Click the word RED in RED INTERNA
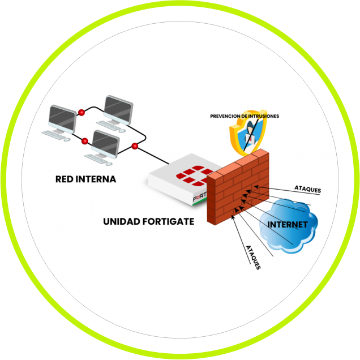pyautogui.click(x=65, y=179)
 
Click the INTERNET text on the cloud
pyautogui.click(x=288, y=225)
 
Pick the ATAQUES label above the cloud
pyautogui.click(x=307, y=188)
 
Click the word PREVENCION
pyautogui.click(x=226, y=115)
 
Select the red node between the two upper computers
pyautogui.click(x=82, y=111)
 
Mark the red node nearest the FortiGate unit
pyautogui.click(x=135, y=147)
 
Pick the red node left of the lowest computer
pyautogui.click(x=85, y=140)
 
